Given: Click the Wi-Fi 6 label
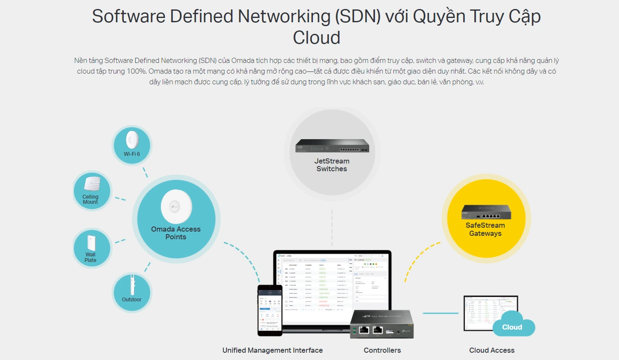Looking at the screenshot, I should click(x=132, y=154).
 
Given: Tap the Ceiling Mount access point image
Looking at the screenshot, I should click(x=92, y=184).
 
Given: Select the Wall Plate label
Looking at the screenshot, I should click(x=90, y=257).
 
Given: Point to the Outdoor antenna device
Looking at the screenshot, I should click(x=132, y=284).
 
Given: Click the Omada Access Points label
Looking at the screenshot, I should click(x=176, y=233).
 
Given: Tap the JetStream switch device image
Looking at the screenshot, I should click(x=332, y=146).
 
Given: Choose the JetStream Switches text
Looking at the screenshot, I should click(x=332, y=165).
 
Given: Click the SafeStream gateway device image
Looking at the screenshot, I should click(x=486, y=212).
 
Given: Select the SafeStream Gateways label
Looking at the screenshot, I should click(x=485, y=229).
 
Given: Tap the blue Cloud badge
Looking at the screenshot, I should click(x=512, y=327).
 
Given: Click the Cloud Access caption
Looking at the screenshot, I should click(x=491, y=350).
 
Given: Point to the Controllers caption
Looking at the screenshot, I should click(x=382, y=350).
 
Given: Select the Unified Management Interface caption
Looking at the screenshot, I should click(x=272, y=350).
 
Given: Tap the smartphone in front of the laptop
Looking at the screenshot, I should click(x=270, y=310).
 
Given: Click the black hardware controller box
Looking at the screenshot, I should click(x=382, y=324).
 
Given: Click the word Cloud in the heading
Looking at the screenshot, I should click(x=316, y=38).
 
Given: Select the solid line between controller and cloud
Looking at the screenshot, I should click(x=440, y=313).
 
